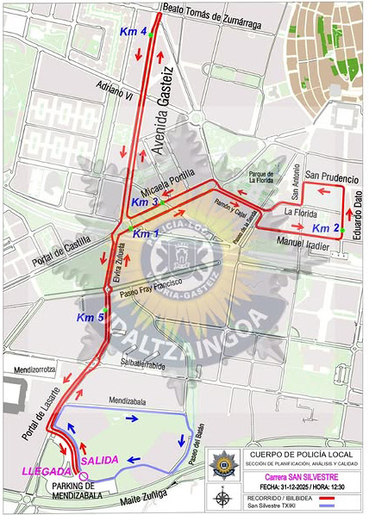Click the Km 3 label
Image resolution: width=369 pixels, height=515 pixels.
[143, 202]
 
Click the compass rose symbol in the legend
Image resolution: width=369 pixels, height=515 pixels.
[223, 497]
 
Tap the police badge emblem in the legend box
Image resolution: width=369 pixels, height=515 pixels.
[224, 462]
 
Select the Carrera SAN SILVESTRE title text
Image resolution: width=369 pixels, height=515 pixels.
[299, 476]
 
